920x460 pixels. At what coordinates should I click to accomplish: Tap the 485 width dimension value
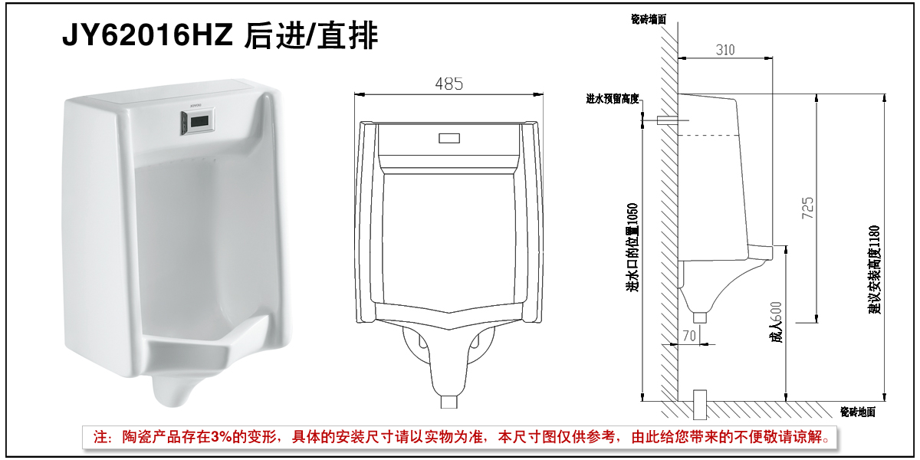click(x=449, y=84)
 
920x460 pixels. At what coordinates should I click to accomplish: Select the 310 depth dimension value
click(x=725, y=50)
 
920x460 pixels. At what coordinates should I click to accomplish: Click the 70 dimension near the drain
click(x=688, y=334)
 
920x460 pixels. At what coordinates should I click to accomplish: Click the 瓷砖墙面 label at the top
click(x=649, y=18)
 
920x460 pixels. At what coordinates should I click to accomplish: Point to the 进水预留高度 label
click(x=613, y=99)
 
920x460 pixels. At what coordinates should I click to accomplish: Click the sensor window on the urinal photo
click(x=199, y=120)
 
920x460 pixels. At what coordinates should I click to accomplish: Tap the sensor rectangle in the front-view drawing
click(x=449, y=139)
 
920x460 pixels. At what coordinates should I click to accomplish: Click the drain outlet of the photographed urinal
click(x=174, y=396)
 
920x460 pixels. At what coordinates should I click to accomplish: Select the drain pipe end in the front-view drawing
click(x=449, y=401)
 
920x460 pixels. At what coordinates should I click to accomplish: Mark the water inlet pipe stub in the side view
click(x=667, y=120)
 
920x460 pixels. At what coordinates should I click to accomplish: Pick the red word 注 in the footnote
click(x=101, y=438)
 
